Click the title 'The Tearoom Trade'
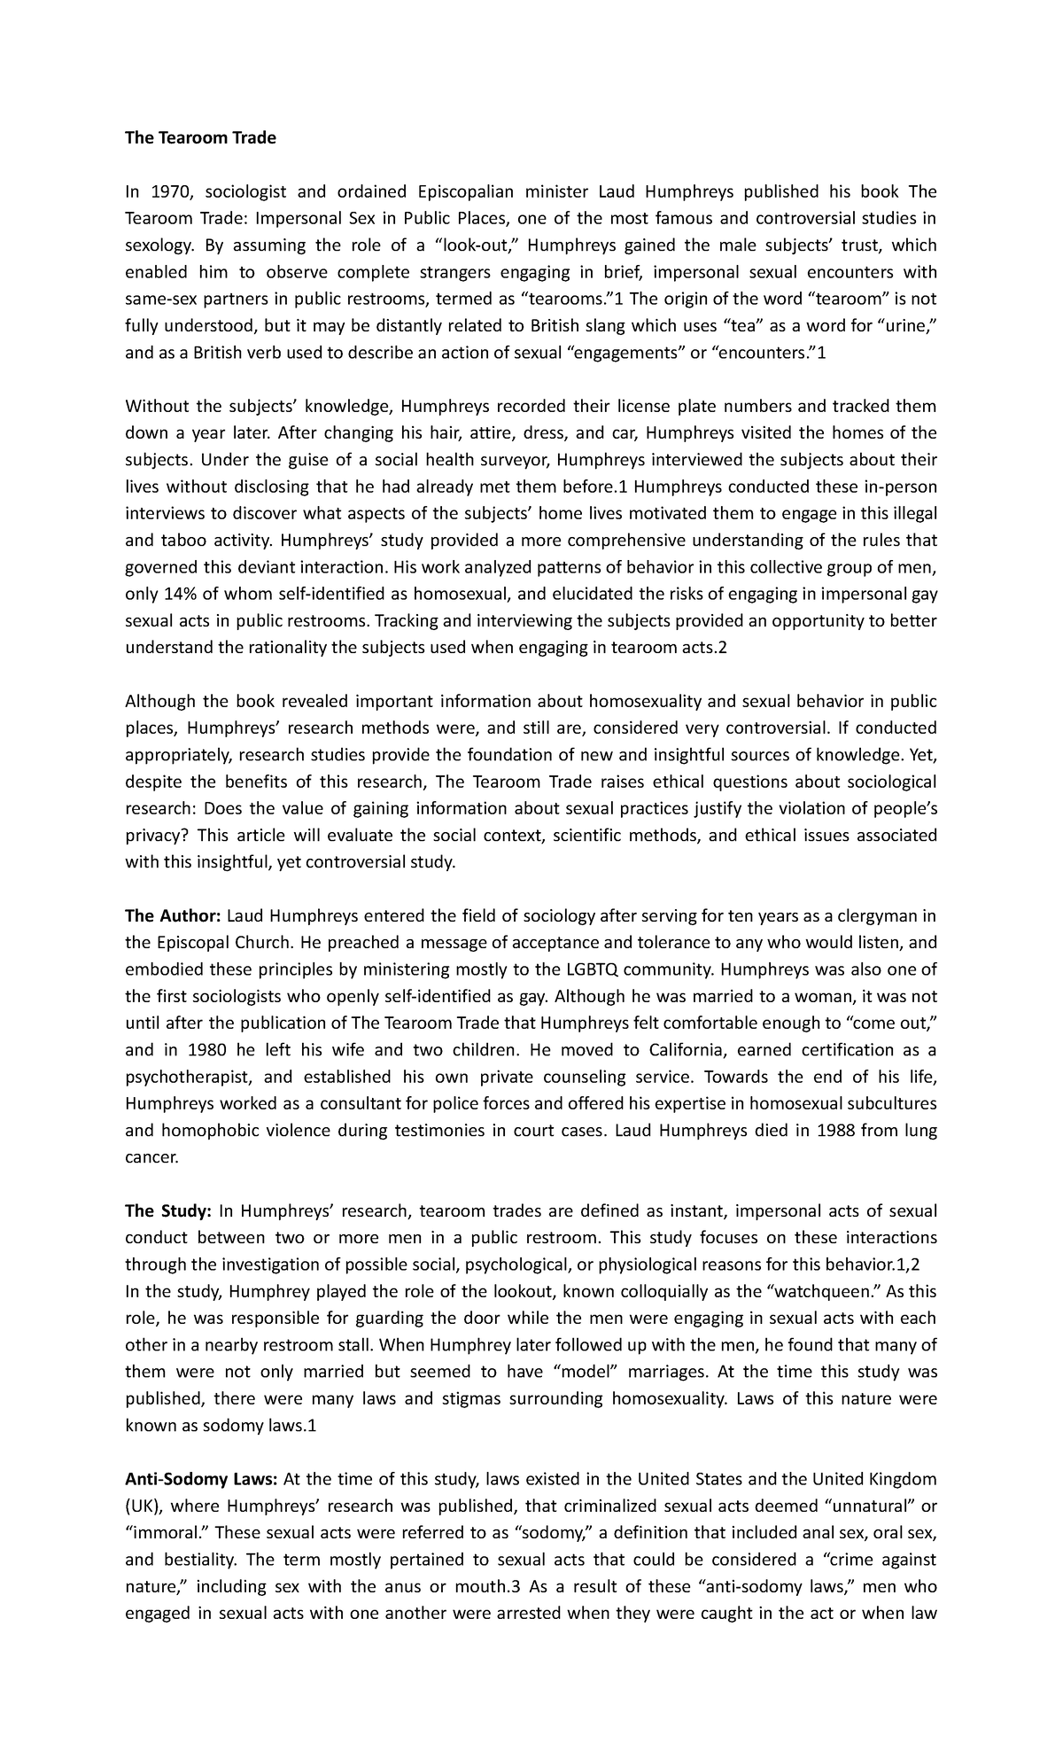(x=200, y=137)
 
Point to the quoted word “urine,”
(x=907, y=326)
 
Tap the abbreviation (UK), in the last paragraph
(x=144, y=1507)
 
